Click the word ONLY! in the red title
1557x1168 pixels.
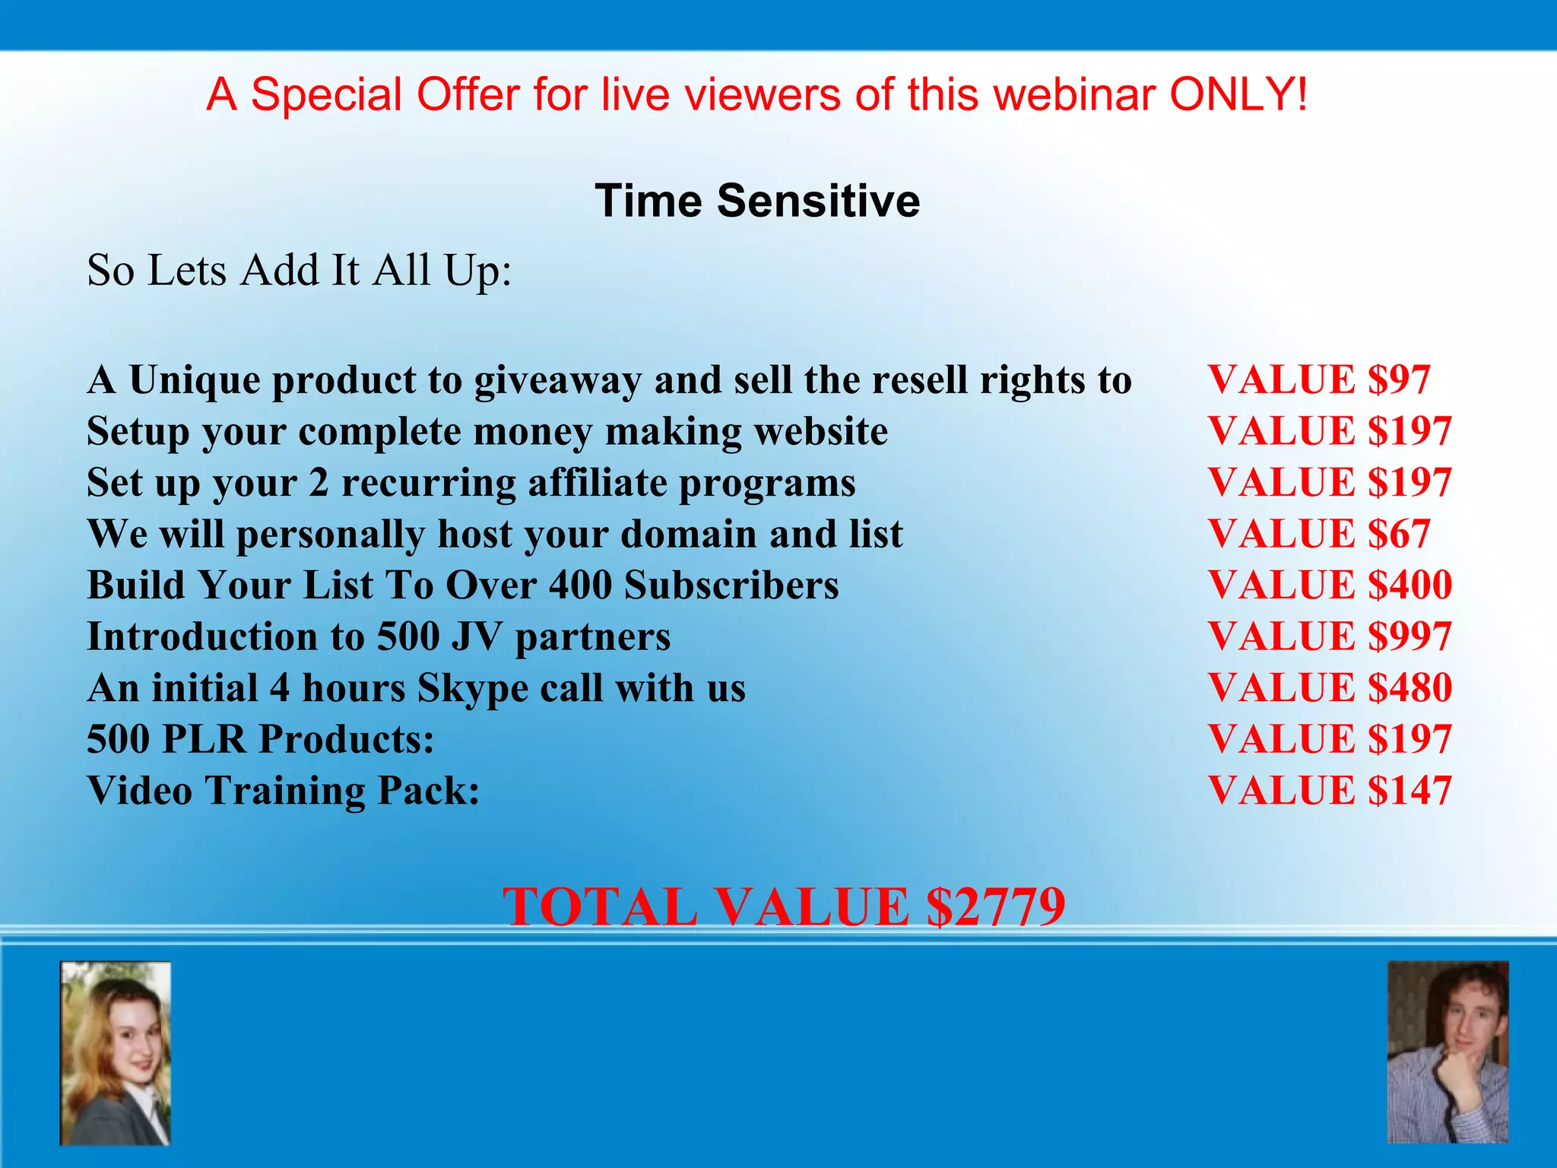[x=1238, y=95]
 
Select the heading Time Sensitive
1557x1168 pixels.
[x=757, y=201]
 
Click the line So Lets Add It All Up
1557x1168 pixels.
[x=300, y=271]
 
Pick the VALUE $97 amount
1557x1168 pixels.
[x=1319, y=379]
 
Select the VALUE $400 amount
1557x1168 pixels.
[x=1330, y=585]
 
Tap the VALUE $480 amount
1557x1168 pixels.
[x=1330, y=687]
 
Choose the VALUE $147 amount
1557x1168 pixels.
[x=1330, y=790]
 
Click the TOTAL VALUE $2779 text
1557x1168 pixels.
[x=783, y=906]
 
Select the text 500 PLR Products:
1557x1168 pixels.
[x=261, y=739]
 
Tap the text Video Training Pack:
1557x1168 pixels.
[x=284, y=791]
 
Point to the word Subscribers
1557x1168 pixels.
[x=731, y=586]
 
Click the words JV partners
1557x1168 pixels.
[x=561, y=637]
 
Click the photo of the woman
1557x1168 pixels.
[x=116, y=1053]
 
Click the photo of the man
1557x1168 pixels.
[x=1448, y=1052]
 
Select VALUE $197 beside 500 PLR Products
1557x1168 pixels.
[x=1330, y=739]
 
